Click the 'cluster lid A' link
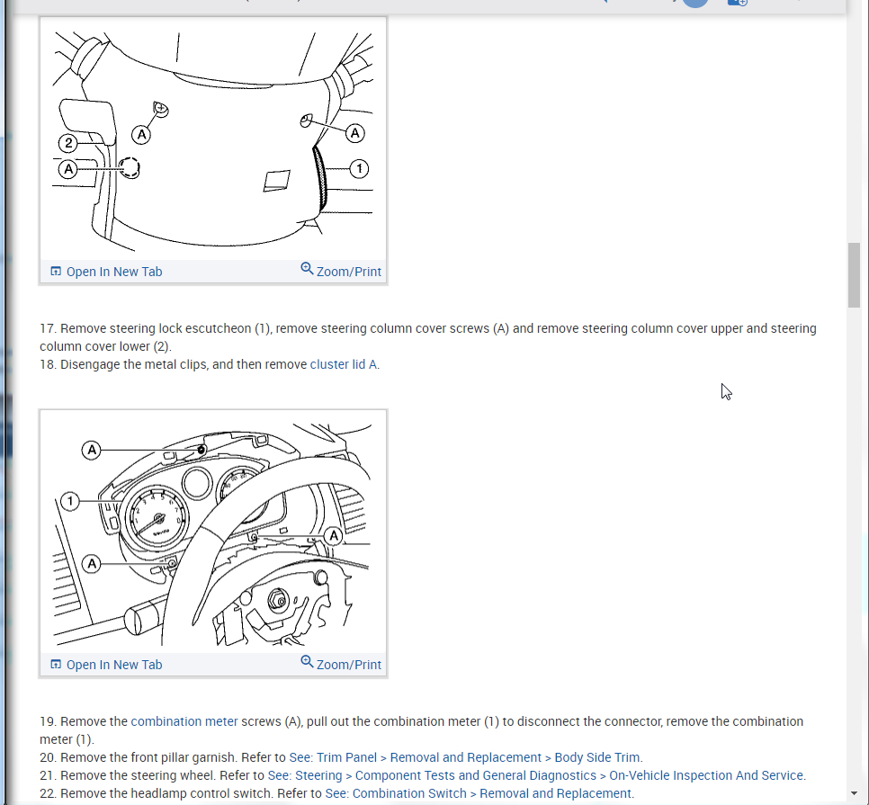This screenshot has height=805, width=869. coord(344,364)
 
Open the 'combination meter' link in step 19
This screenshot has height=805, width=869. coord(184,721)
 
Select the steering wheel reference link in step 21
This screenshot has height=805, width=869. coord(536,775)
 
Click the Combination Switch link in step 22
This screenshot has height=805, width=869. coord(479,793)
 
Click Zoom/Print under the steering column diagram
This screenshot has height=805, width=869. coord(341,272)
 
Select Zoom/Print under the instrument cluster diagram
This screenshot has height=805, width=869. coord(341,665)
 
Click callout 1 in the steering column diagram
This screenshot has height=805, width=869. coord(359,168)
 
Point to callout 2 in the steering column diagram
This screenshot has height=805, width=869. coord(68,142)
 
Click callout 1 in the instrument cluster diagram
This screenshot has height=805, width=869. coord(71,500)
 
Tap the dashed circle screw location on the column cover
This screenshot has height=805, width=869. coord(130,168)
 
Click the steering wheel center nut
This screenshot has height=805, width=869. coord(278,600)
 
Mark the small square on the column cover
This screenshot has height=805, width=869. coord(276,180)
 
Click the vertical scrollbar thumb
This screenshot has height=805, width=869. coord(854,275)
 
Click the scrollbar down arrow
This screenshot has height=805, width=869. coord(854,794)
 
